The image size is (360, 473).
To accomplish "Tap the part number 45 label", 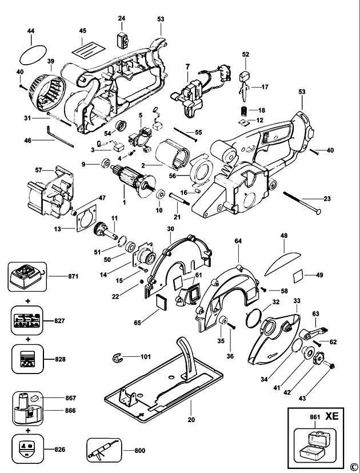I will (83, 30).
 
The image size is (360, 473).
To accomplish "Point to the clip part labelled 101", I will (118, 358).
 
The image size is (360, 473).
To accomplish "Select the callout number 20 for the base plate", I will (191, 419).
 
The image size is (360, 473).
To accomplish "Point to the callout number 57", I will (39, 170).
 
